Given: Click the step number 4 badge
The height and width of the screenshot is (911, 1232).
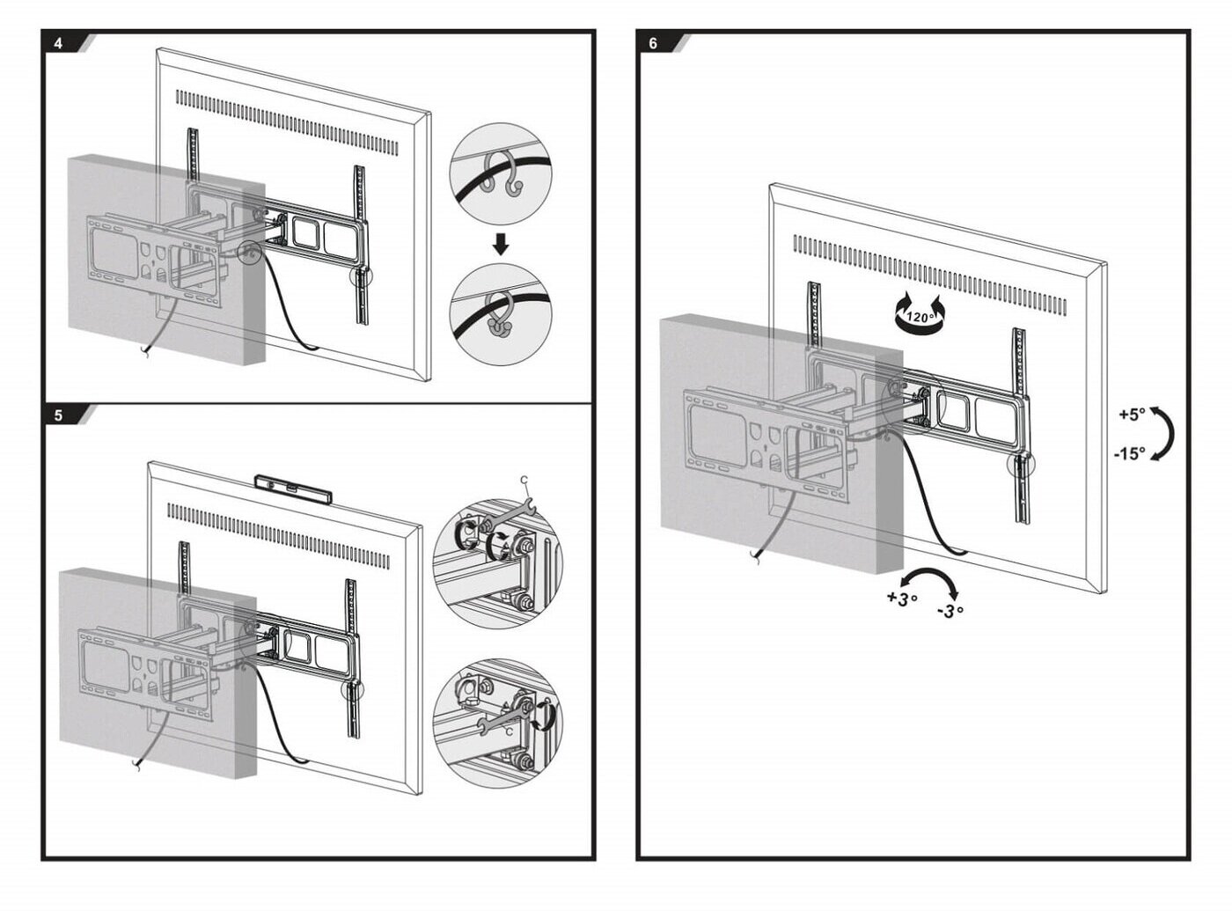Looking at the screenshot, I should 59,43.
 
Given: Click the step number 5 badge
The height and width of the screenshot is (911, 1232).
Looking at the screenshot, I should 59,416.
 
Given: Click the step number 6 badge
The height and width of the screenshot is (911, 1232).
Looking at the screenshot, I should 653,43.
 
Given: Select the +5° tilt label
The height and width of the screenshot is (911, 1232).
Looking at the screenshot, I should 1132,413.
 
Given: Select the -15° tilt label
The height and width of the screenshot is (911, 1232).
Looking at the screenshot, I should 1130,454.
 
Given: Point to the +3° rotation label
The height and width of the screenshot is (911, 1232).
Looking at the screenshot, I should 902,599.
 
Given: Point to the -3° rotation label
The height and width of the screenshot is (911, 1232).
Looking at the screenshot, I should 950,610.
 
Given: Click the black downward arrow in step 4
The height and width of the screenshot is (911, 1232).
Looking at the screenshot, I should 501,244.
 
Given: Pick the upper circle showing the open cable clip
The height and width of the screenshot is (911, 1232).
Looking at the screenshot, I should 501,173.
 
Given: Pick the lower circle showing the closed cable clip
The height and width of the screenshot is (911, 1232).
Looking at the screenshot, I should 501,312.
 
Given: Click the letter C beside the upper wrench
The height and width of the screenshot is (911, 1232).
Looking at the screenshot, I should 524,480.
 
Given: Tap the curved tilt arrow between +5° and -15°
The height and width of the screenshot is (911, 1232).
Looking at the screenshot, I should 1165,433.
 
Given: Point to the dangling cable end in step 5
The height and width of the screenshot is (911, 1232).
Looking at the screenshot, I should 136,766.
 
